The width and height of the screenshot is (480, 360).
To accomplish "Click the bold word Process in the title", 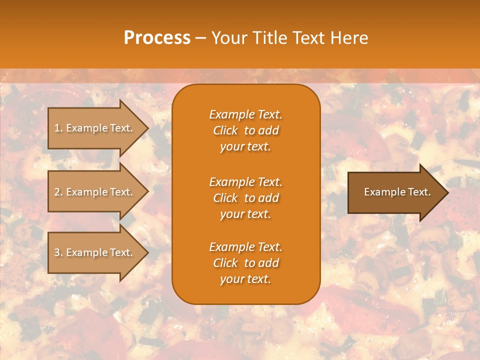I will click(157, 38).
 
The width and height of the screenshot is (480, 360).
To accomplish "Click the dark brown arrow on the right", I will click(395, 192).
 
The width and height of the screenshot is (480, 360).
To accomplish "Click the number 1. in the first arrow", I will click(58, 128).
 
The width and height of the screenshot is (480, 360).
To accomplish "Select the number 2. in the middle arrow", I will click(58, 192).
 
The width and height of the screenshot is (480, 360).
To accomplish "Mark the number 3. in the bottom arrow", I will click(58, 252).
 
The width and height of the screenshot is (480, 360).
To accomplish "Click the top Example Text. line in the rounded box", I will click(245, 114).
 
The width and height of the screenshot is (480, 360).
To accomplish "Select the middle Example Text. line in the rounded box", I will click(245, 181).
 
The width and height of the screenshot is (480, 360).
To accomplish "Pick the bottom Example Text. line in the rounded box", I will click(245, 247).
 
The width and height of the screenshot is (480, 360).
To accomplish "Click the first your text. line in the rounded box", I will click(245, 147).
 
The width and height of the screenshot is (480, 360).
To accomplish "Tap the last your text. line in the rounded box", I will click(245, 279).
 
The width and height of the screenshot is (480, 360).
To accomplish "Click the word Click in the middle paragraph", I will click(225, 198).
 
